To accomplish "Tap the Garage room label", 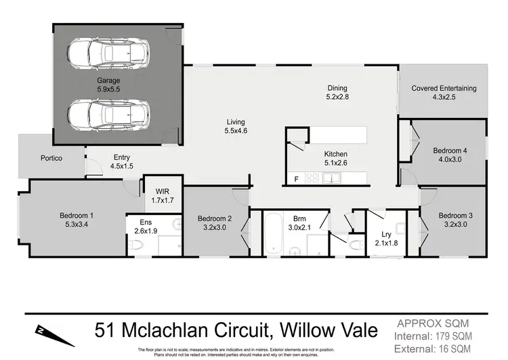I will click(x=108, y=80).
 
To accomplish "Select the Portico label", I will click(x=51, y=158).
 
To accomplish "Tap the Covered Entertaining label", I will click(x=444, y=88).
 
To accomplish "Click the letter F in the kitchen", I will click(x=296, y=178).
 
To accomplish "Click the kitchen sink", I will click(x=332, y=178).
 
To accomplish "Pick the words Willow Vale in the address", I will click(x=331, y=331).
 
